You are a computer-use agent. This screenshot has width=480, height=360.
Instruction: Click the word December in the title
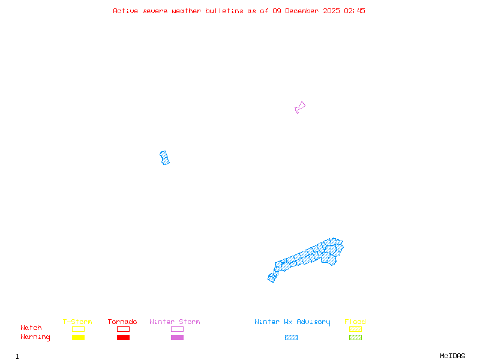[x=302, y=11]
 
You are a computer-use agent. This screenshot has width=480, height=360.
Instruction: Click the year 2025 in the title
[x=331, y=11]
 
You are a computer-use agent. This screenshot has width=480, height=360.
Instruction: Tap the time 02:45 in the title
[x=355, y=11]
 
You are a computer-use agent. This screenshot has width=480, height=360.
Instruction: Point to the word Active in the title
[x=125, y=11]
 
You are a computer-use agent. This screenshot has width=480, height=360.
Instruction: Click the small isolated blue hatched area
[x=164, y=158]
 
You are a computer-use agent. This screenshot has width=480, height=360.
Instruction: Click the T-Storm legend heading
[x=77, y=322]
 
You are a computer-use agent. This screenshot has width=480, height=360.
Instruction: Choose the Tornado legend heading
[x=122, y=322]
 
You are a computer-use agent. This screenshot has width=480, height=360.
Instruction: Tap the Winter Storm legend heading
[x=175, y=322]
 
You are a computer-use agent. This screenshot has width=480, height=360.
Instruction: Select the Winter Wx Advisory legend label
[x=292, y=322]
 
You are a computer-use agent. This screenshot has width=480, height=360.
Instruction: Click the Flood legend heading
[x=355, y=322]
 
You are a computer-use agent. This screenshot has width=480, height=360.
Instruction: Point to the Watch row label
[x=31, y=328]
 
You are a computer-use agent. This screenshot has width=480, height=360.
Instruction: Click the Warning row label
[x=35, y=337]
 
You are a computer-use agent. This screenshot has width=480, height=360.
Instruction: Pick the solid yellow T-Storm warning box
[x=79, y=337]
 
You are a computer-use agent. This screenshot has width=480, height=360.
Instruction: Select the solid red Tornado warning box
[x=124, y=337]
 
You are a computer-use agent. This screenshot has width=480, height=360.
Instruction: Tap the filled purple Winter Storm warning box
[x=177, y=337]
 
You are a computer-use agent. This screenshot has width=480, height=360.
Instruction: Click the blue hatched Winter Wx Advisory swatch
[x=291, y=337]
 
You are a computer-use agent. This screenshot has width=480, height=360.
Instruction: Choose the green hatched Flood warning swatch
[x=355, y=337]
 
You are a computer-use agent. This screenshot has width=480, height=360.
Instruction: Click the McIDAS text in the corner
[x=452, y=356]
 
